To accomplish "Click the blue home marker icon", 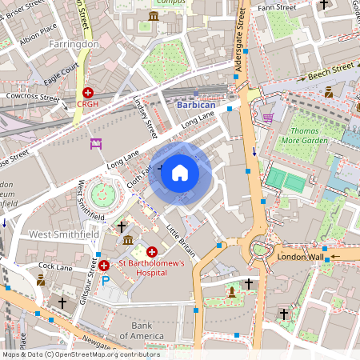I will coord(180,172).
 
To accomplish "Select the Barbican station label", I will coord(196,104).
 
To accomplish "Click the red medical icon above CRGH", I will coord(87,93).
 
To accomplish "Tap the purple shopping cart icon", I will coord(268,118).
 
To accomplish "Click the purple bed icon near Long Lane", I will coord(97,144).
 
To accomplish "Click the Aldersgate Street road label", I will coord(239,47).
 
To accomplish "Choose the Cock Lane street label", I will coord(55,266).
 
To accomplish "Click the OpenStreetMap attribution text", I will coord(80,354).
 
